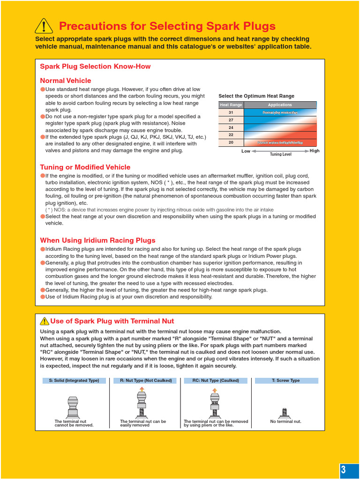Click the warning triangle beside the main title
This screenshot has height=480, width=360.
[44, 26]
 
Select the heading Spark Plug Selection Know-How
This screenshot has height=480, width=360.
[95, 67]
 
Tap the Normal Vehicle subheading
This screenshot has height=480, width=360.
[66, 81]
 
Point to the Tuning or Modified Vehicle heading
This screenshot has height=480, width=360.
[85, 167]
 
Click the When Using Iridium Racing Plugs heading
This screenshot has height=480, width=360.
[97, 240]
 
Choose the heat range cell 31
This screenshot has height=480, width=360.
[231, 112]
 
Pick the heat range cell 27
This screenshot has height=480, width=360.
[231, 120]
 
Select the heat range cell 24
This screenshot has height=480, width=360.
[231, 127]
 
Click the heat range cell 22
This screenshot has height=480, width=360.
[231, 135]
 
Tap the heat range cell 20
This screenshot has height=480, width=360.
[231, 142]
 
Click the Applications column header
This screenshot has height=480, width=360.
[280, 105]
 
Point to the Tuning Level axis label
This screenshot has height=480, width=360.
[281, 154]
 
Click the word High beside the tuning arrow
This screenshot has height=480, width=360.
[315, 151]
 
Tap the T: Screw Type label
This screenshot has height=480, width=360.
[285, 381]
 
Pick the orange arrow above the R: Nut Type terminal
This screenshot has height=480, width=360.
[142, 389]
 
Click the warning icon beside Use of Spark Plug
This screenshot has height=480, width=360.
[45, 321]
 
